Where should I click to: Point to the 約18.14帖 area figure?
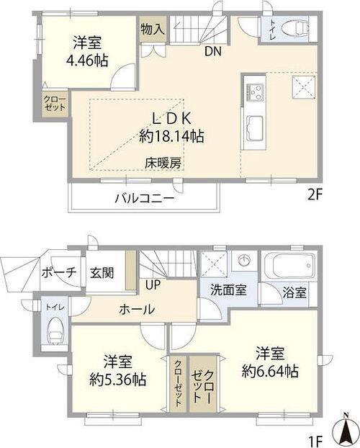(171, 135)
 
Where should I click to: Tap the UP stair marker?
(153, 285)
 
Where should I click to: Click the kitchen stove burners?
(255, 91)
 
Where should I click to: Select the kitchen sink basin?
(256, 130)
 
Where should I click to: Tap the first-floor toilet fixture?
(55, 331)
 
